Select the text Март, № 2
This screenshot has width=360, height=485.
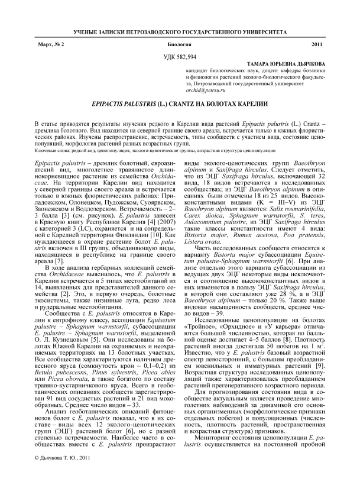pos(48,45)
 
